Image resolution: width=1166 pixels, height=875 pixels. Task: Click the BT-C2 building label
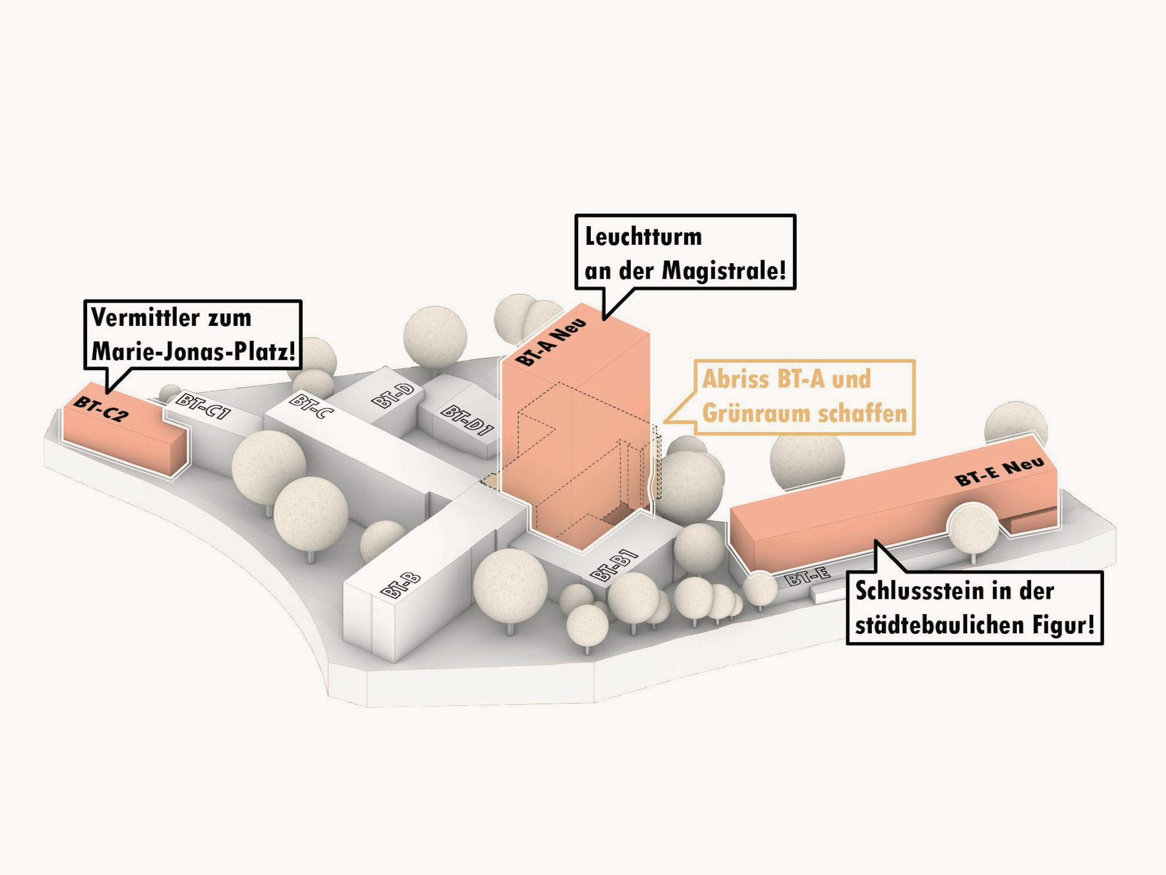[100, 409]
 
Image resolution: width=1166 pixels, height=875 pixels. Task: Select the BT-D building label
[393, 395]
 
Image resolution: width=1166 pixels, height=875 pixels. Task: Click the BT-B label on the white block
[400, 585]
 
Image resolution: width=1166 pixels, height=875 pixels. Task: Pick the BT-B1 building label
[613, 565]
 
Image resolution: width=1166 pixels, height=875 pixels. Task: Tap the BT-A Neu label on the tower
[550, 341]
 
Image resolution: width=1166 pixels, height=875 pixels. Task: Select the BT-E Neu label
[1000, 472]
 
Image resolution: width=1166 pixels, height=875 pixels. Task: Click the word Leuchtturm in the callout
[643, 236]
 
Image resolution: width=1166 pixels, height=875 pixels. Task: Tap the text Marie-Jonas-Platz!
[193, 352]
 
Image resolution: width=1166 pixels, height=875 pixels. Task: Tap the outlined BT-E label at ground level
[807, 577]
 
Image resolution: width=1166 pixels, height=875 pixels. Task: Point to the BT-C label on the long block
[311, 405]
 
